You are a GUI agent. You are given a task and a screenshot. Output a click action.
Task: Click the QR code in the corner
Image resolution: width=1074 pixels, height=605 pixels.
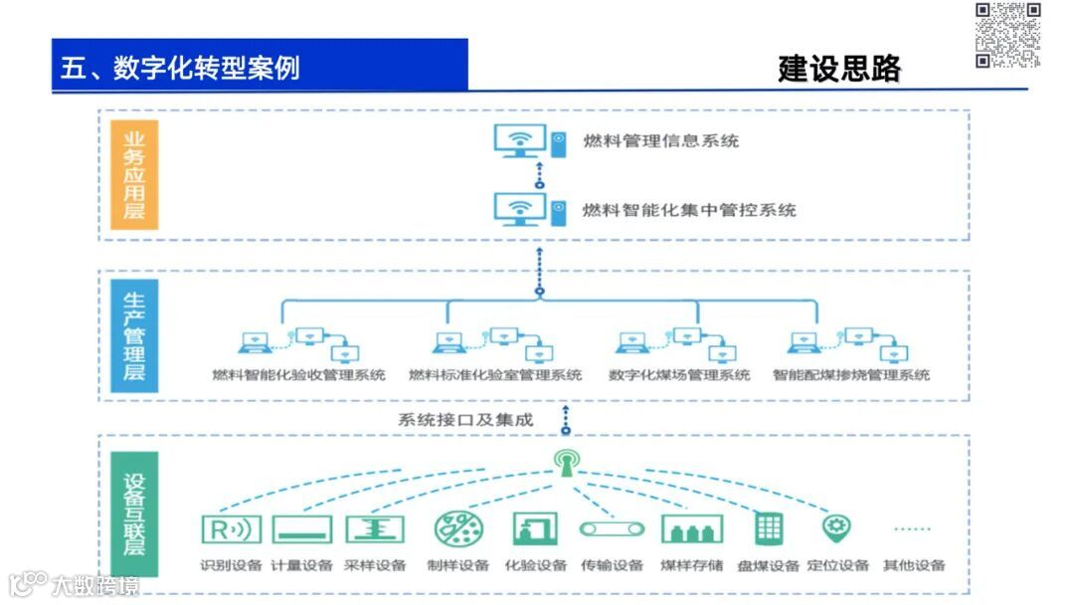(x=1007, y=35)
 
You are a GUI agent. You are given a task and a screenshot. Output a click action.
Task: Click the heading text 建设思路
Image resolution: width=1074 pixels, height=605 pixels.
(x=839, y=68)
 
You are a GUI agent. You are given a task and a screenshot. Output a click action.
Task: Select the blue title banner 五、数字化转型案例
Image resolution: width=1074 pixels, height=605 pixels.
(x=260, y=66)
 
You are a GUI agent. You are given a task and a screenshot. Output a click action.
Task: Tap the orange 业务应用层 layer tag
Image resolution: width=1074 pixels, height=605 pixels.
(x=134, y=175)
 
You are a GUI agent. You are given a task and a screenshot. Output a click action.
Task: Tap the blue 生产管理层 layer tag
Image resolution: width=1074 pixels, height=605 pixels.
(x=134, y=335)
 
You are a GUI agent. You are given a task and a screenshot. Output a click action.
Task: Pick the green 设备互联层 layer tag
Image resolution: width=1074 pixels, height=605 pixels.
(x=134, y=513)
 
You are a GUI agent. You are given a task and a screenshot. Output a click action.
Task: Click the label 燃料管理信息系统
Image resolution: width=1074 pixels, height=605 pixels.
(x=660, y=141)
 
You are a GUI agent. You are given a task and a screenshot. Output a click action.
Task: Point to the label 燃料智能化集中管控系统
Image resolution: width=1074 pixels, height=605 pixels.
(x=688, y=210)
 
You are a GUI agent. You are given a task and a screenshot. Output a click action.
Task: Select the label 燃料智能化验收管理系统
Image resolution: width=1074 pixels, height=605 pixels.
(x=299, y=376)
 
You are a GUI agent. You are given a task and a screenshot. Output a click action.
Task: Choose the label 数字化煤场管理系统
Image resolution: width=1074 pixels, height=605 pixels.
(x=679, y=376)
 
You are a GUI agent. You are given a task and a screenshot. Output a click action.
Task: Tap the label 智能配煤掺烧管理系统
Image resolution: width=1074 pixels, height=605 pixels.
(x=851, y=376)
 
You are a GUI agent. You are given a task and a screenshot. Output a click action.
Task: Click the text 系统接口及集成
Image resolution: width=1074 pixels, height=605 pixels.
(x=465, y=420)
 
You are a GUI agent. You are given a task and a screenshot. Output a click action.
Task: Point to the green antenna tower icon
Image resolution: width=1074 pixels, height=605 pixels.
(x=566, y=463)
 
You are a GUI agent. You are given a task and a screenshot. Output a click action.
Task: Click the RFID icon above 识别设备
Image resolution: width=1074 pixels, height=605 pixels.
(x=232, y=529)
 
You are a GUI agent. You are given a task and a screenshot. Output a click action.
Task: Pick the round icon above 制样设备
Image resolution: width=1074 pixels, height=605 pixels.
(x=459, y=528)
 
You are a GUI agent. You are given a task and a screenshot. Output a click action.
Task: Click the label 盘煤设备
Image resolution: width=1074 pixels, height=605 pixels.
(x=769, y=566)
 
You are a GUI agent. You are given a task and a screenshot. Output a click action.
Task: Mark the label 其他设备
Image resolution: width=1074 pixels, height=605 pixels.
(x=913, y=566)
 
